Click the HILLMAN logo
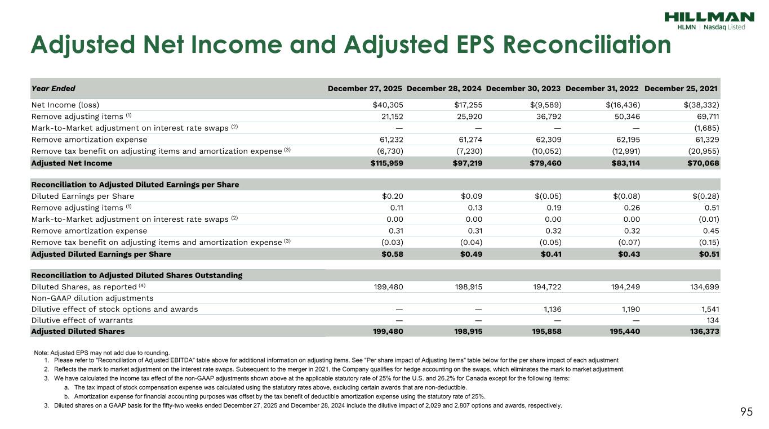click(709, 17)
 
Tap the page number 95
click(746, 412)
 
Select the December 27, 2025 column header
click(365, 88)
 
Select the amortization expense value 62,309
click(546, 140)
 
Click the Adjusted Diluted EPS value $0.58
click(392, 254)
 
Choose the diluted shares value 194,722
click(546, 287)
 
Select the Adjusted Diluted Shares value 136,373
click(703, 332)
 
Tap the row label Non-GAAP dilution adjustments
click(92, 298)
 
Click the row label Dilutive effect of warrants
click(82, 320)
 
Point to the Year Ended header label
click(53, 88)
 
